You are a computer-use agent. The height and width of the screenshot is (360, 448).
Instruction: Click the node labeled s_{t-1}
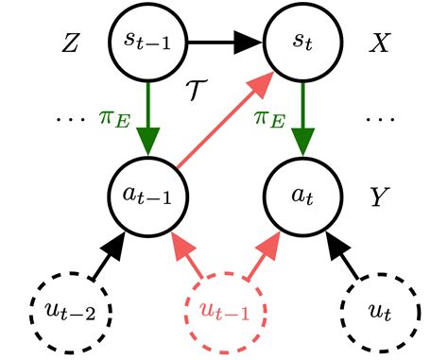pyautogui.click(x=149, y=43)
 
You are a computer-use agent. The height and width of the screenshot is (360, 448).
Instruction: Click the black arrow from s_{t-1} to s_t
pyautogui.click(x=226, y=43)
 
